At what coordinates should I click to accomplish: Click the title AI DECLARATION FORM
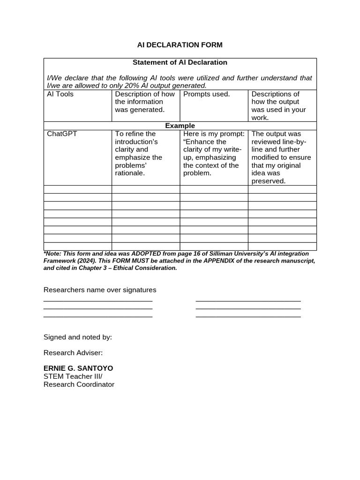pyautogui.click(x=180, y=45)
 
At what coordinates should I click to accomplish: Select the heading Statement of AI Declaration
pyautogui.click(x=180, y=62)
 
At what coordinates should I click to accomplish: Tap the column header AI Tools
pyautogui.click(x=60, y=94)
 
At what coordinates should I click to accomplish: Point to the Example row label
pyautogui.click(x=180, y=126)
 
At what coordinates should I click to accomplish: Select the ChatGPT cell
pyautogui.click(x=62, y=134)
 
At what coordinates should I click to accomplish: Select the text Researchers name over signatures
pyautogui.click(x=100, y=290)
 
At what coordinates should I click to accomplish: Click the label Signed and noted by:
pyautogui.click(x=78, y=337)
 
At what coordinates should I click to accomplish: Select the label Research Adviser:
pyautogui.click(x=73, y=353)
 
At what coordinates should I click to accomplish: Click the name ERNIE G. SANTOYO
pyautogui.click(x=78, y=368)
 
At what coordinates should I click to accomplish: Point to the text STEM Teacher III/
pyautogui.click(x=73, y=376)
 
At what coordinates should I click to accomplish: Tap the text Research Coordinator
pyautogui.click(x=79, y=384)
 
